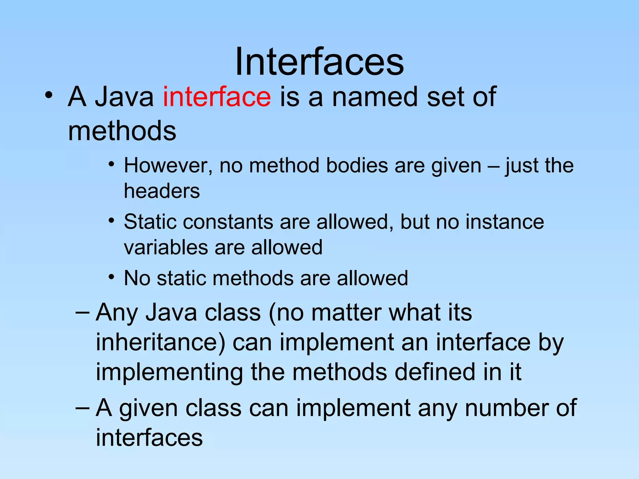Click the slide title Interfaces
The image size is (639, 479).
tap(319, 61)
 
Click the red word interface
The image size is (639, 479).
tap(217, 97)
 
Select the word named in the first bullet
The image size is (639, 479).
tap(375, 97)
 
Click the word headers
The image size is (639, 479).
tap(162, 191)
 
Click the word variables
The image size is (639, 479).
tap(165, 248)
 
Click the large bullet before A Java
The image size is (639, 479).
tap(48, 95)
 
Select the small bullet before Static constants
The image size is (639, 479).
tap(111, 221)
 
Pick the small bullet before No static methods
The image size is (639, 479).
tap(111, 277)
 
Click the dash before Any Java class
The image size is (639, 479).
tap(83, 313)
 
